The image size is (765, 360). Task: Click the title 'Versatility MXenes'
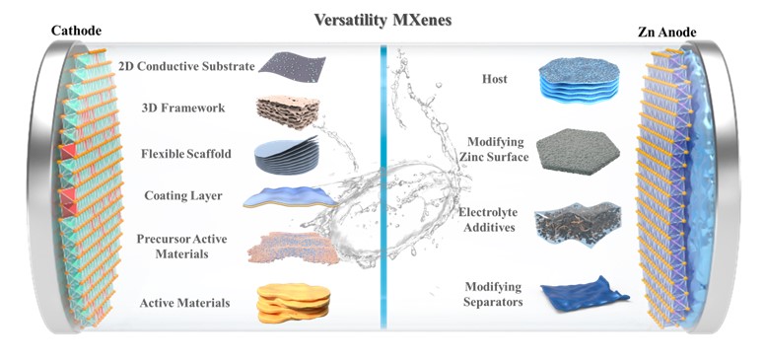tap(382, 20)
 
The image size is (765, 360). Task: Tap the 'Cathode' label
tap(76, 31)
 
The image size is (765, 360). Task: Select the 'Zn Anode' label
tap(667, 33)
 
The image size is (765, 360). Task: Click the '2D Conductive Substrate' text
tap(186, 66)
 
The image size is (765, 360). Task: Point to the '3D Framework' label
tap(183, 108)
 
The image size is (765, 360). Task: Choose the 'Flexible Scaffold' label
tap(186, 154)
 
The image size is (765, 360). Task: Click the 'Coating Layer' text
tap(183, 196)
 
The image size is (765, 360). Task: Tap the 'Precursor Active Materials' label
tap(181, 247)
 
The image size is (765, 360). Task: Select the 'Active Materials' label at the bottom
tap(184, 303)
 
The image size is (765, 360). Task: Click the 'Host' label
tap(494, 79)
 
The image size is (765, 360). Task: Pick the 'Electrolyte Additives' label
tap(488, 220)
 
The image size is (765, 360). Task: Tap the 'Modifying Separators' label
tap(493, 295)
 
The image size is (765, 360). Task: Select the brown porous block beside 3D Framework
tap(288, 111)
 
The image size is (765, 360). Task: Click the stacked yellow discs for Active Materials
tap(294, 303)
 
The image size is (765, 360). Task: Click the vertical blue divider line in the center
tap(383, 185)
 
